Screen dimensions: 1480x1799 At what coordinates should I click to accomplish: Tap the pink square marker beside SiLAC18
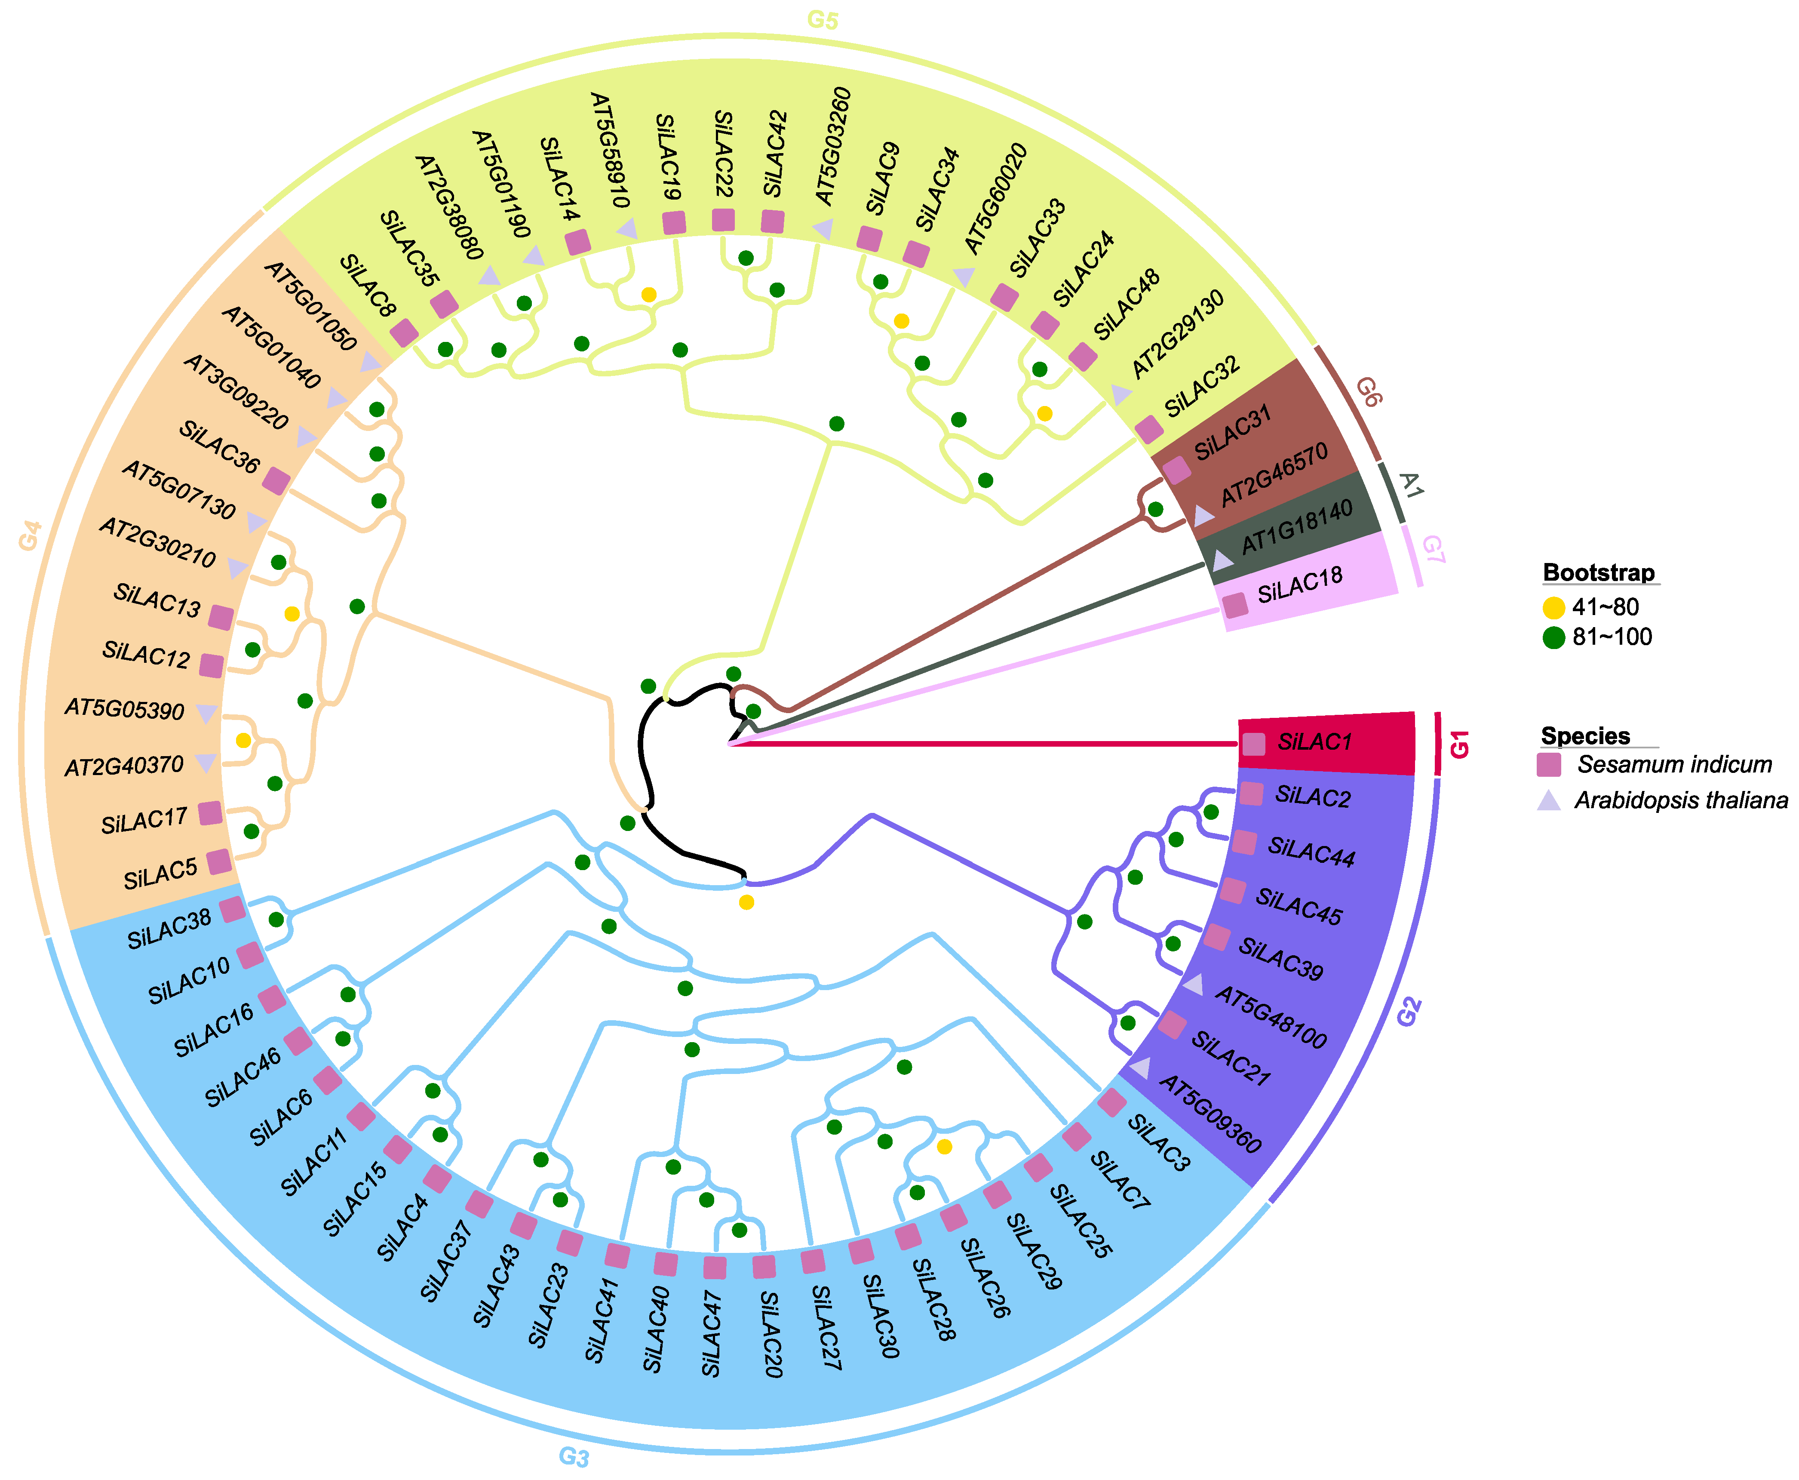(x=1235, y=605)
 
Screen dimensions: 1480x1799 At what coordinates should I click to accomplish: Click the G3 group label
(x=574, y=1456)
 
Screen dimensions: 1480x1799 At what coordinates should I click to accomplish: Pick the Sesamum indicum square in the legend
(x=1548, y=765)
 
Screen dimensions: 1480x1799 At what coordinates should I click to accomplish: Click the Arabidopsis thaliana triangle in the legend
(x=1548, y=800)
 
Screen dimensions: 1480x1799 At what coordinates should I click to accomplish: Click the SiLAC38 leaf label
(x=169, y=929)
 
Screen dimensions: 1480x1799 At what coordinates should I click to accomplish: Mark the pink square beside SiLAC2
(x=1250, y=794)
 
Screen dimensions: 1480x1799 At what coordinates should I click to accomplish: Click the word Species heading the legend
(x=1585, y=736)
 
